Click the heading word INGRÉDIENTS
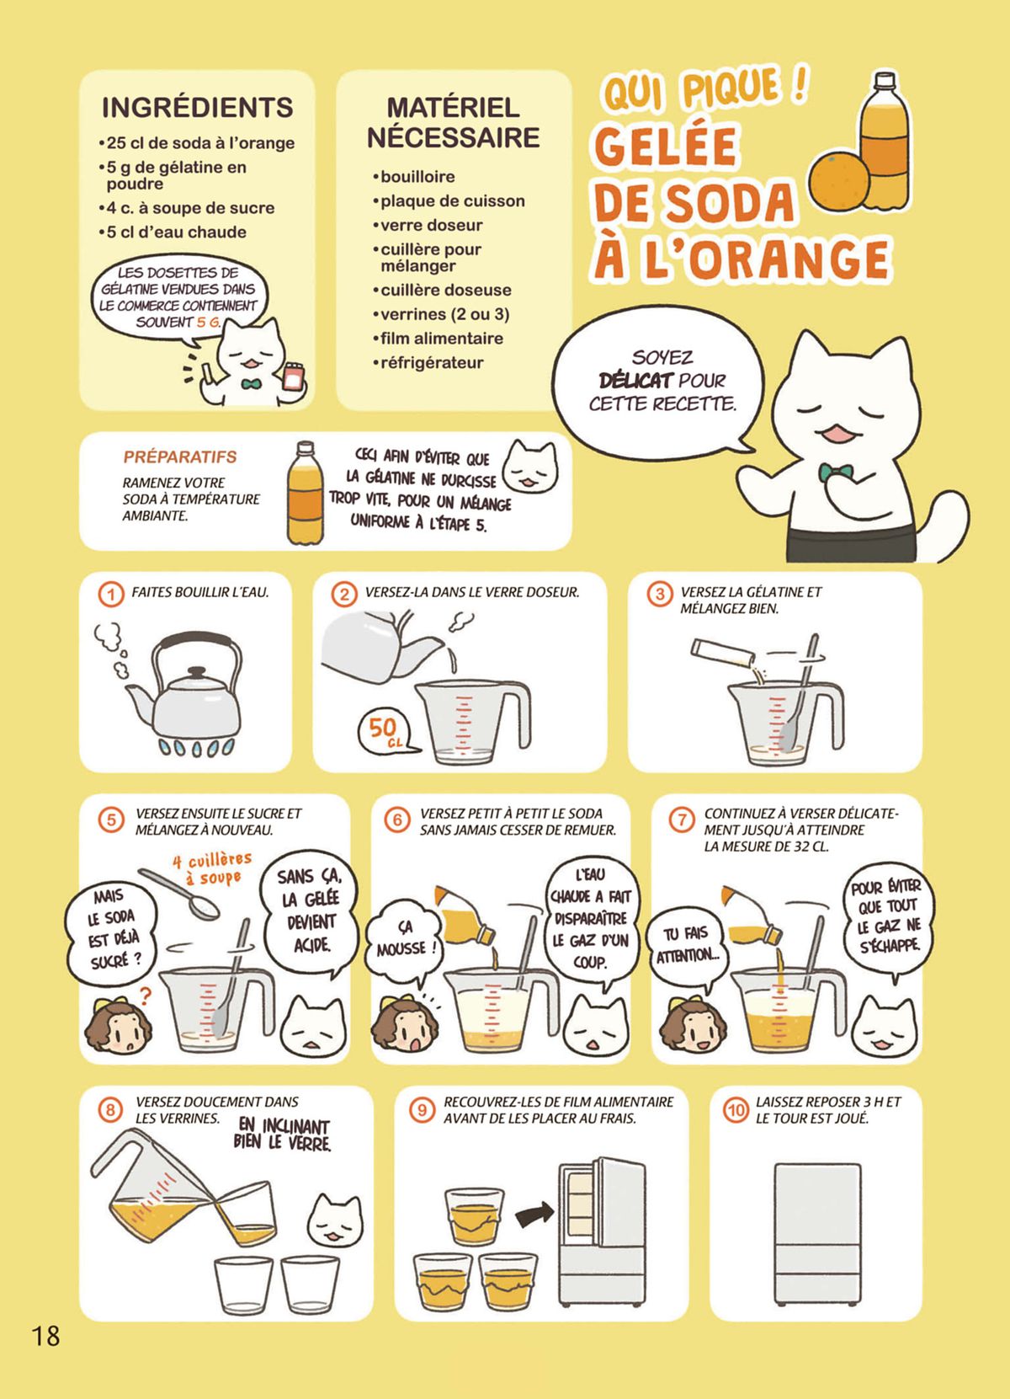pos(197,108)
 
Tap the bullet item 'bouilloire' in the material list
pos(414,177)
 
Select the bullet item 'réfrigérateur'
pos(428,363)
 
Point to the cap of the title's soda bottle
pos(885,81)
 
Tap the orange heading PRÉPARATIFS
pos(180,457)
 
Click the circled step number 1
pos(111,594)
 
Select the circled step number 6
pos(397,820)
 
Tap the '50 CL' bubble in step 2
pos(385,731)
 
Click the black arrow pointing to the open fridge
pos(534,1213)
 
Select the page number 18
pos(45,1336)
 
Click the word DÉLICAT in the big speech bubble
pos(636,381)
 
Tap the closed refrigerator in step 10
pos(817,1234)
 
